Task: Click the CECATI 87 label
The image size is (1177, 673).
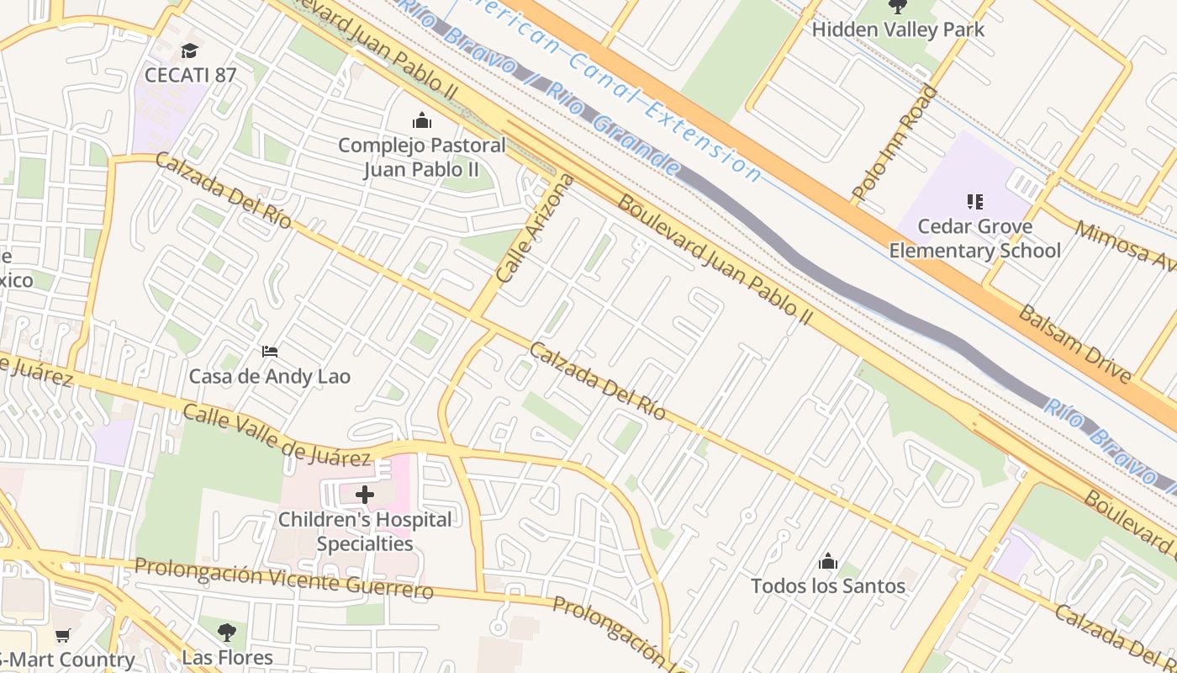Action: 190,74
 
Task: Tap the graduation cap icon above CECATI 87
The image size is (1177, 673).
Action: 189,50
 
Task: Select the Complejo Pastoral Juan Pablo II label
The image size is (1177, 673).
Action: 421,157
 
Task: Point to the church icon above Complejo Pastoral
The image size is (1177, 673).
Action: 422,121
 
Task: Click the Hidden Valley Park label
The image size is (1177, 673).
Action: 898,29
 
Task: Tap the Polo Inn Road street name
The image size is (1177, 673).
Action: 895,143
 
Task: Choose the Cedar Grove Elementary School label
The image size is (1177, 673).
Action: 974,238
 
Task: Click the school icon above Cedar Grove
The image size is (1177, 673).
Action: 975,202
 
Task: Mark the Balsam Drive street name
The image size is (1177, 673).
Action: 1074,343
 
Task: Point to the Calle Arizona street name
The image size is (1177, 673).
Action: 535,229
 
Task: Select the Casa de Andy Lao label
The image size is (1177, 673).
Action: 269,376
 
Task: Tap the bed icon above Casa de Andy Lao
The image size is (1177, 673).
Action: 270,351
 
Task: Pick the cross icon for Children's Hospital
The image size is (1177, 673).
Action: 365,495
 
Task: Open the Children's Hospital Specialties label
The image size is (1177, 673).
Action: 365,532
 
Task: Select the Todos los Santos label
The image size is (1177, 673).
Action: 828,586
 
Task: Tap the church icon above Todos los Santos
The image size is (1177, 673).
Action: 828,561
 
